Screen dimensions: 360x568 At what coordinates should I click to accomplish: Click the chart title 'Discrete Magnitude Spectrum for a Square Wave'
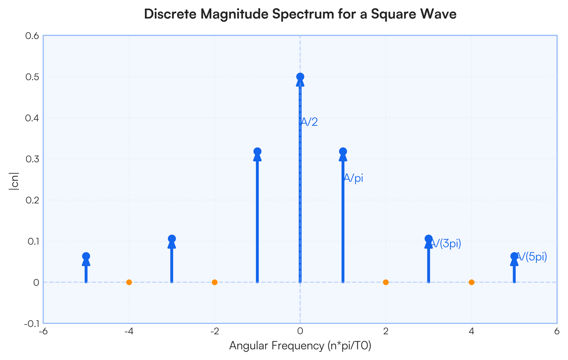(x=300, y=14)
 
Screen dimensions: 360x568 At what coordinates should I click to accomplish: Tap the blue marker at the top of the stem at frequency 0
(x=300, y=77)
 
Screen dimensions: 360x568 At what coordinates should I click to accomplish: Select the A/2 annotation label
(x=309, y=123)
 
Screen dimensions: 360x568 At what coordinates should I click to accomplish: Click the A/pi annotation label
(x=353, y=179)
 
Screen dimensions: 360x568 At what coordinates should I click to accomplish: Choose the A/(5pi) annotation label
(x=531, y=257)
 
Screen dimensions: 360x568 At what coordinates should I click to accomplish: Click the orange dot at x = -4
(x=129, y=282)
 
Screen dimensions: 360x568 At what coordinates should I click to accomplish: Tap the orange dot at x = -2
(x=214, y=282)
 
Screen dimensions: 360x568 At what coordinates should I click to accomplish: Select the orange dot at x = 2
(x=386, y=282)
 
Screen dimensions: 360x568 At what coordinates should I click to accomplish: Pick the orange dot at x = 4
(x=471, y=282)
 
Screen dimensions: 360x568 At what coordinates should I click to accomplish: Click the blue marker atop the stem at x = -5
(x=86, y=256)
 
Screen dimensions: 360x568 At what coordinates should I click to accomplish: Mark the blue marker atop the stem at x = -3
(x=172, y=239)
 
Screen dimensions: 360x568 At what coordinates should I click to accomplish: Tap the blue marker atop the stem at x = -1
(x=257, y=152)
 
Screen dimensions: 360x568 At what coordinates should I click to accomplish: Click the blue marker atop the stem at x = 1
(x=343, y=152)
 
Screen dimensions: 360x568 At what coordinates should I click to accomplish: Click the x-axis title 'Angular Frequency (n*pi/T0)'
(x=300, y=346)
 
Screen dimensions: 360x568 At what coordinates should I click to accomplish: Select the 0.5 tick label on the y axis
(x=32, y=77)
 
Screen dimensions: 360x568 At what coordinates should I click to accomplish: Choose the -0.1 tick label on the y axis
(x=31, y=324)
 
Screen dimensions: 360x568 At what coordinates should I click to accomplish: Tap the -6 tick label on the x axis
(x=43, y=332)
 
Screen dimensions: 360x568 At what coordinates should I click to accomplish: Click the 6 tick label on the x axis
(x=557, y=332)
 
